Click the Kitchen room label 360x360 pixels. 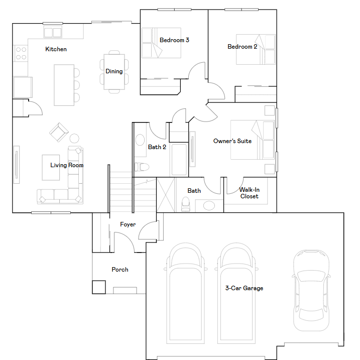pyautogui.click(x=56, y=49)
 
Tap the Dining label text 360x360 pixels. pyautogui.click(x=114, y=71)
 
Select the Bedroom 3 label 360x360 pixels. pyautogui.click(x=174, y=40)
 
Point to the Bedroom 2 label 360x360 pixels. pyautogui.click(x=243, y=47)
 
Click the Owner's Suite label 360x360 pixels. pyautogui.click(x=232, y=141)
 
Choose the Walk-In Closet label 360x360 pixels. pyautogui.click(x=249, y=193)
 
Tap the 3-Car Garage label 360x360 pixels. pyautogui.click(x=244, y=288)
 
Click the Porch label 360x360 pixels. pyautogui.click(x=119, y=270)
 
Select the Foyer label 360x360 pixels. pyautogui.click(x=128, y=224)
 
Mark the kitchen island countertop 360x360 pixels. pyautogui.click(x=64, y=85)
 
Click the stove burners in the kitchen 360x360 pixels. pyautogui.click(x=21, y=53)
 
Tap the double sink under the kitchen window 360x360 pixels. pyautogui.click(x=52, y=33)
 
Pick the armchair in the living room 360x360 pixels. pyautogui.click(x=58, y=132)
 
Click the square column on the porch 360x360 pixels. pyautogui.click(x=98, y=286)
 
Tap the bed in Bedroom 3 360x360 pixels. pyautogui.click(x=161, y=43)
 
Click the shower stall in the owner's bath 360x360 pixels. pyautogui.click(x=166, y=195)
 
